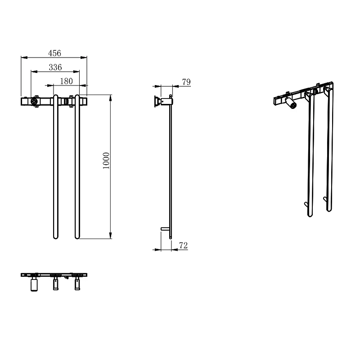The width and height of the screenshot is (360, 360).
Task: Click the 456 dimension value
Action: click(x=54, y=53)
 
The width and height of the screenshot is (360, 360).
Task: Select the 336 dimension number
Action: click(x=55, y=67)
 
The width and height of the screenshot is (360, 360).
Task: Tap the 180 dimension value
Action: click(x=66, y=81)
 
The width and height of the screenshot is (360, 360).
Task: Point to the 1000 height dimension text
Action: click(x=106, y=161)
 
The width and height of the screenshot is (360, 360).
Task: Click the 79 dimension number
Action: click(x=186, y=82)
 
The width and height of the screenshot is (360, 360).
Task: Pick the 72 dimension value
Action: click(x=184, y=246)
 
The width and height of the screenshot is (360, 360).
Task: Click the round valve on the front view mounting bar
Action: click(x=34, y=101)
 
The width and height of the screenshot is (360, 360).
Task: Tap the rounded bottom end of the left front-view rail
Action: click(x=55, y=237)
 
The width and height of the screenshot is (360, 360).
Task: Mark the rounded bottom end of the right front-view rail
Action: click(x=77, y=237)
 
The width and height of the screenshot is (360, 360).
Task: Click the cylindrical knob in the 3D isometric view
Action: click(x=291, y=103)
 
